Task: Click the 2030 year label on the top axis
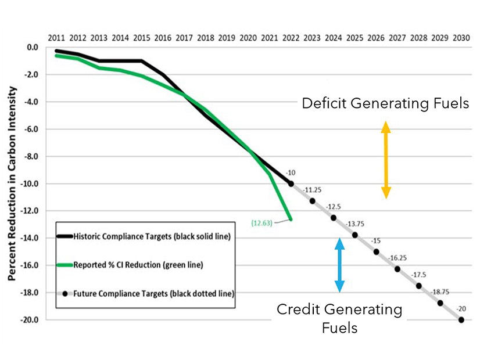tap(461, 38)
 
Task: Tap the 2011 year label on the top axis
tap(56, 38)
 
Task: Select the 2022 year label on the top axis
tap(291, 38)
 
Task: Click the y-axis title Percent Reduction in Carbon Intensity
tap(12, 183)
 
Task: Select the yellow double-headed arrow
tap(385, 160)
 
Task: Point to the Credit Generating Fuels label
tap(339, 318)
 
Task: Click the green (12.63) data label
tap(262, 222)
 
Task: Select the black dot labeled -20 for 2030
tap(461, 319)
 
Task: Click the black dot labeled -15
tap(376, 251)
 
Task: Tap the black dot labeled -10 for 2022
tap(291, 183)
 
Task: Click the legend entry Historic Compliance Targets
tap(144, 236)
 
